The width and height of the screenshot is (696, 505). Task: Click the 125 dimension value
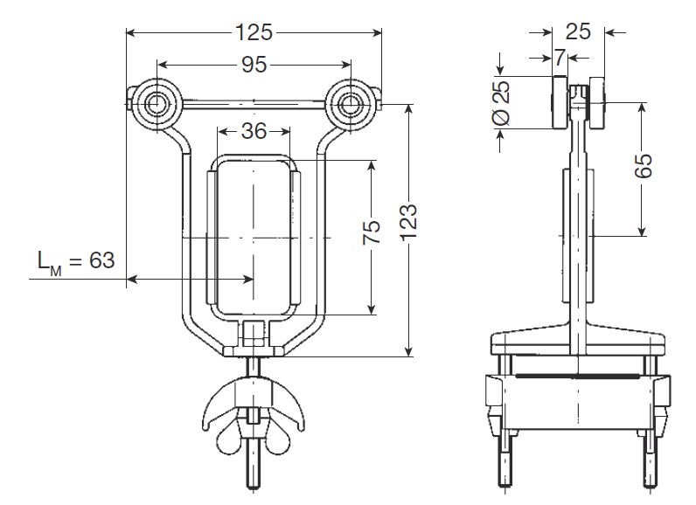pos(254,32)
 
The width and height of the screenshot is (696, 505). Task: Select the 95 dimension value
pos(254,65)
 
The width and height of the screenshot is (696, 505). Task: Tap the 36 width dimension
pos(254,131)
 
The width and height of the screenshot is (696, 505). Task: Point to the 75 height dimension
pos(372,232)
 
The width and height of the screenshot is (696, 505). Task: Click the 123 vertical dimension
pos(409,223)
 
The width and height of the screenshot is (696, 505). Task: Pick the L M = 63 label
pos(76,260)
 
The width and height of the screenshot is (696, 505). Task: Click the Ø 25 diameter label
pos(502,103)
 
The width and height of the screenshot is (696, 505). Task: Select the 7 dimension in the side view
pos(560,57)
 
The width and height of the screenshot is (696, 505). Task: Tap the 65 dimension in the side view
pos(644,166)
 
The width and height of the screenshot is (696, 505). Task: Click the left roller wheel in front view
pos(155,105)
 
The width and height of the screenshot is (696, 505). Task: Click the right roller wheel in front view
pos(350,105)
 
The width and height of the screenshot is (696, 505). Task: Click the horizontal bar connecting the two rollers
pos(254,105)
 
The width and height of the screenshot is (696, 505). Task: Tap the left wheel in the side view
pos(560,103)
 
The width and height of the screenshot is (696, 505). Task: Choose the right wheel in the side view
pos(597,103)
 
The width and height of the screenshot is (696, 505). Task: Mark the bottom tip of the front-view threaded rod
pos(254,489)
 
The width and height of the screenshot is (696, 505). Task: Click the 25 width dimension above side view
pos(578,31)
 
